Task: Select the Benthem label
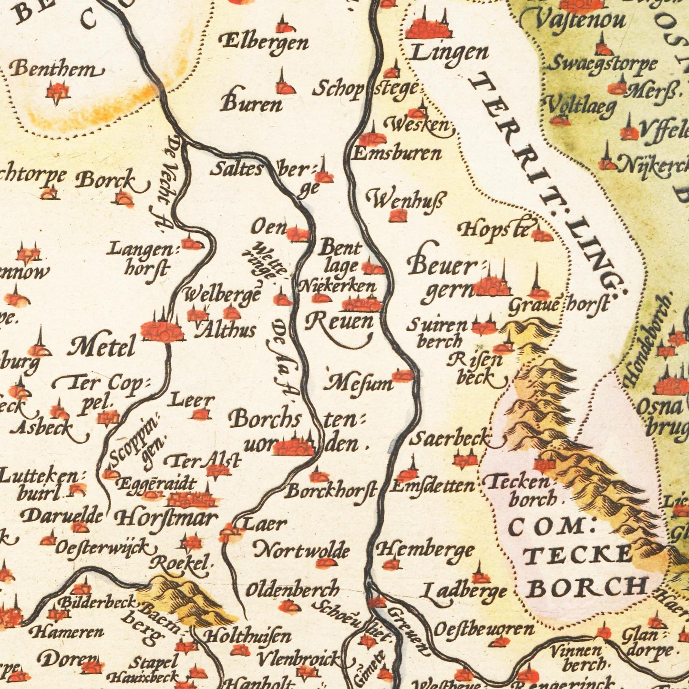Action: click(x=56, y=70)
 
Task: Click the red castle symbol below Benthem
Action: click(x=58, y=92)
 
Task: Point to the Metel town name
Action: click(x=102, y=348)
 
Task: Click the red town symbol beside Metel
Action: click(x=162, y=330)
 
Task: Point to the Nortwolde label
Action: click(x=301, y=551)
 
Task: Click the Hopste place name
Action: click(x=494, y=230)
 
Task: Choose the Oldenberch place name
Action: click(x=292, y=590)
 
